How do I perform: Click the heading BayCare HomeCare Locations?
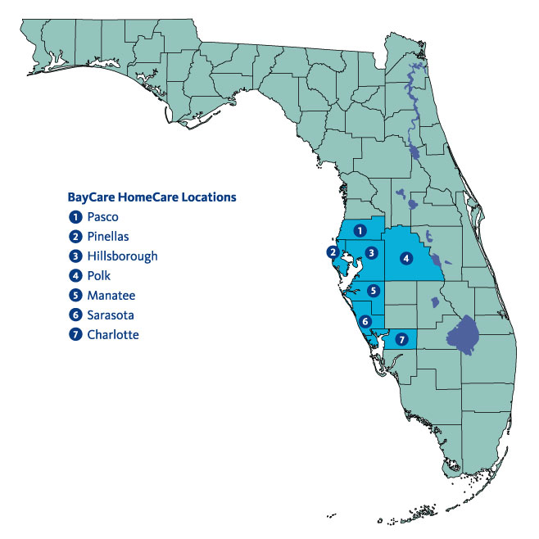pyautogui.click(x=152, y=197)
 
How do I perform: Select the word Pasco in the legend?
pyautogui.click(x=102, y=217)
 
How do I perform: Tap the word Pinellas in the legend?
pyautogui.click(x=106, y=237)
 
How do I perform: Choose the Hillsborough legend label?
pyautogui.click(x=122, y=256)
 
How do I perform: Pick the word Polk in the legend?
pyautogui.click(x=98, y=276)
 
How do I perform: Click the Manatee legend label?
pyautogui.click(x=111, y=296)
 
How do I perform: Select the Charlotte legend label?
pyautogui.click(x=113, y=335)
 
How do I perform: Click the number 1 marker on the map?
pyautogui.click(x=358, y=232)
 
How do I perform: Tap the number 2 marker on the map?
pyautogui.click(x=332, y=251)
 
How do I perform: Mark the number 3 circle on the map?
pyautogui.click(x=371, y=252)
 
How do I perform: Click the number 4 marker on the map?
pyautogui.click(x=405, y=258)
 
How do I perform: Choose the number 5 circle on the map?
pyautogui.click(x=373, y=289)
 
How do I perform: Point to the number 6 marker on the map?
pyautogui.click(x=365, y=321)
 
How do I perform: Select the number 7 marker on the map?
pyautogui.click(x=401, y=338)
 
